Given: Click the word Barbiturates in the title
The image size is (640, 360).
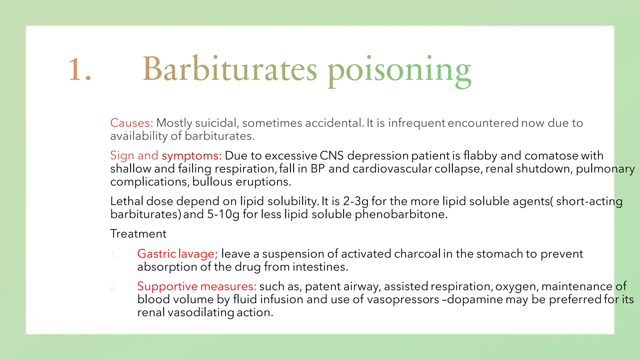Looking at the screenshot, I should click(x=230, y=69).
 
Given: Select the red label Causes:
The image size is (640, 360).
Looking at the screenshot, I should click(x=132, y=123).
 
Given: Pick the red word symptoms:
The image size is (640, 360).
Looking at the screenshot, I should click(x=192, y=156).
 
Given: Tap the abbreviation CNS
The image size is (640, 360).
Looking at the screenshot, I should click(x=332, y=156).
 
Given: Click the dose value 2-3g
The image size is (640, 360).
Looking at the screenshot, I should click(x=356, y=201).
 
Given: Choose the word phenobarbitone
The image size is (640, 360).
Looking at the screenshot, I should click(x=401, y=214).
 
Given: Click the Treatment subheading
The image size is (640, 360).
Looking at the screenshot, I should click(x=138, y=234).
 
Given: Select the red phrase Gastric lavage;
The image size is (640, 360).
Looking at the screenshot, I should click(x=177, y=254).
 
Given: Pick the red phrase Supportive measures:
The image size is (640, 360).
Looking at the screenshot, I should click(x=197, y=286).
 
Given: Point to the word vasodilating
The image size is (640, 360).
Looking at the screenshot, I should click(x=201, y=312).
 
